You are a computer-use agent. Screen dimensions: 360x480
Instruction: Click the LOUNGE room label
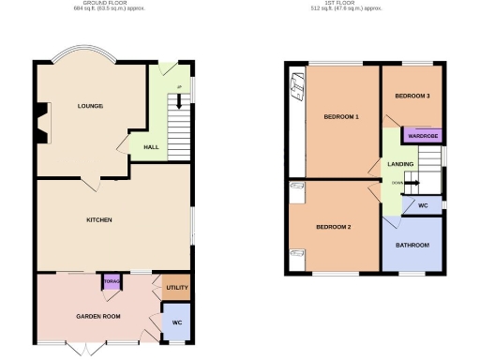[x=90, y=106]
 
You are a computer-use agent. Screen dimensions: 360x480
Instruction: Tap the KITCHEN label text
[x=99, y=220]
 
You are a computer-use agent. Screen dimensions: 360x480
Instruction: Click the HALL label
[x=150, y=148]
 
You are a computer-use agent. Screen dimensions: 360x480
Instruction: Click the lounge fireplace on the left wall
[x=39, y=123]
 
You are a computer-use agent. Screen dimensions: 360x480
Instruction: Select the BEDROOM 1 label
[x=341, y=117]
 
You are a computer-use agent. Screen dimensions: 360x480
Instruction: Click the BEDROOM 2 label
[x=333, y=228]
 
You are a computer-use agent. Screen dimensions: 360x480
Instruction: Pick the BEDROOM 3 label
[x=412, y=97]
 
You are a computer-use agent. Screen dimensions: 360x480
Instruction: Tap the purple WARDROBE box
[x=422, y=135]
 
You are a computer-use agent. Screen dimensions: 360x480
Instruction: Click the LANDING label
[x=400, y=164]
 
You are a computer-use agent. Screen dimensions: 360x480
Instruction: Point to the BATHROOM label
[x=412, y=246]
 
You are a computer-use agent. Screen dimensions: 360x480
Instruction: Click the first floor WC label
[x=423, y=204]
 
